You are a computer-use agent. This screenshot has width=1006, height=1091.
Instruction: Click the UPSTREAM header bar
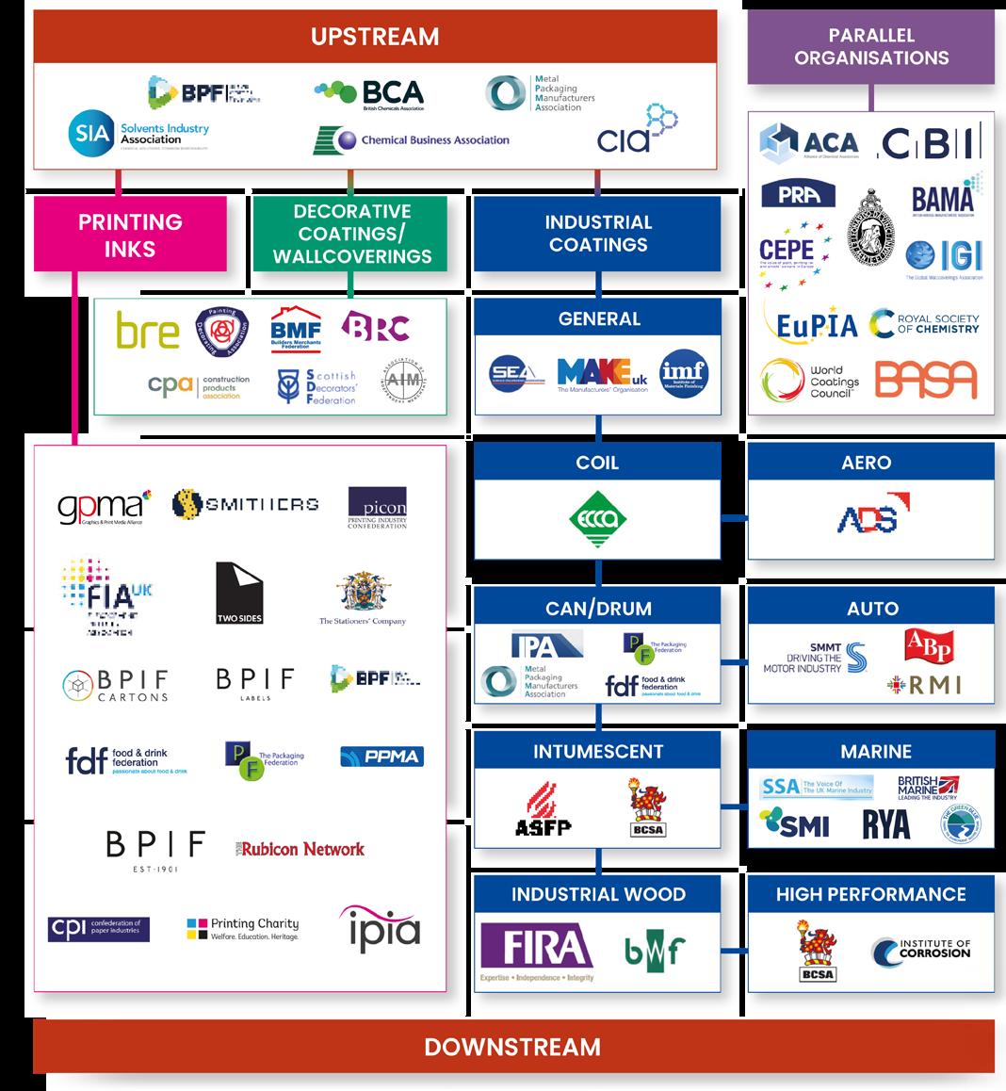click(375, 37)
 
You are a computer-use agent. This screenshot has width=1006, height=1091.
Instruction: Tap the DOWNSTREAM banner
click(512, 1046)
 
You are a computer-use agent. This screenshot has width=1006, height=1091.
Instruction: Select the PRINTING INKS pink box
click(130, 235)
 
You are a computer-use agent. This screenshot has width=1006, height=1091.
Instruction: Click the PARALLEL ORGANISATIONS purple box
click(871, 46)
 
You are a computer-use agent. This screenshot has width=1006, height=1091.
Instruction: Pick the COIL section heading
click(597, 463)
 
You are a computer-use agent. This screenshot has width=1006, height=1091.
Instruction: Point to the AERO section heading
click(870, 463)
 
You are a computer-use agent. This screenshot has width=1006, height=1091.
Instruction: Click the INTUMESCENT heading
click(597, 751)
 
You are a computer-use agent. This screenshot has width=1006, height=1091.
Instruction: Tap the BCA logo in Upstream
click(369, 93)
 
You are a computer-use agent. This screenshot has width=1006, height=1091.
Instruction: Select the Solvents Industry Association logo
click(138, 133)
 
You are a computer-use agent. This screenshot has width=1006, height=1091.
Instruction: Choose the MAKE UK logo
click(603, 374)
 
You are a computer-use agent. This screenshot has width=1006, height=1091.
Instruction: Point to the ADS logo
click(868, 514)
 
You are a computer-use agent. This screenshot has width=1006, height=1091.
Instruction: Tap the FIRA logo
click(536, 950)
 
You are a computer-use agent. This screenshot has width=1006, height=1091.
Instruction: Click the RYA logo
click(885, 824)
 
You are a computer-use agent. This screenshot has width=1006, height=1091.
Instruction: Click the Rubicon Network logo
click(300, 848)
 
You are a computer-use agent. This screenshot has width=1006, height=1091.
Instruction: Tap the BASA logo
click(925, 379)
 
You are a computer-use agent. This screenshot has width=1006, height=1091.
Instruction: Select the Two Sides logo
click(238, 594)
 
